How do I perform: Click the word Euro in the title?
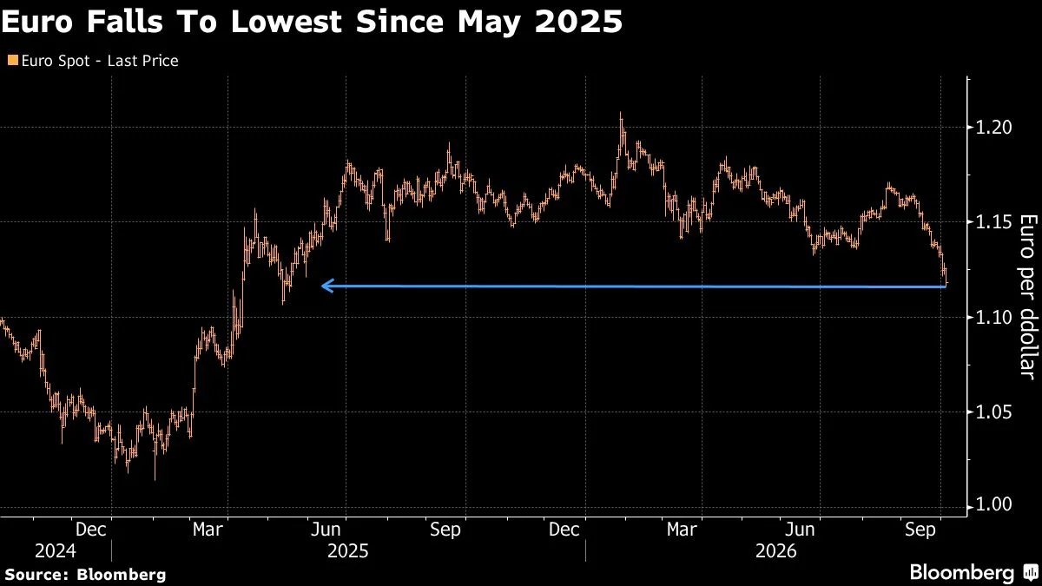coord(37,22)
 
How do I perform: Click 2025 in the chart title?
coord(578,22)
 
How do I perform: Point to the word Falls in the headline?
coord(125,22)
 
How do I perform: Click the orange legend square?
coord(13,60)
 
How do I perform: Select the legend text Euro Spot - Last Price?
coord(100,61)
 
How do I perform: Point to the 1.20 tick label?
coord(993,128)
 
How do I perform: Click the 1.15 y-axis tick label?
coord(993,222)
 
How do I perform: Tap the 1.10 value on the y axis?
coord(993,318)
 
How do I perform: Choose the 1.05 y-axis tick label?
coord(993,412)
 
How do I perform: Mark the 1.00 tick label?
coord(993,504)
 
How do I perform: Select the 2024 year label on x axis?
coord(56,551)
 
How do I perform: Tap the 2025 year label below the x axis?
coord(348,551)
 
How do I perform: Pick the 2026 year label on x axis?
coord(776,551)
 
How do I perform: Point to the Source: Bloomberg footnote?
coord(85,575)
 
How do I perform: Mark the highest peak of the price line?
coord(621,113)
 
